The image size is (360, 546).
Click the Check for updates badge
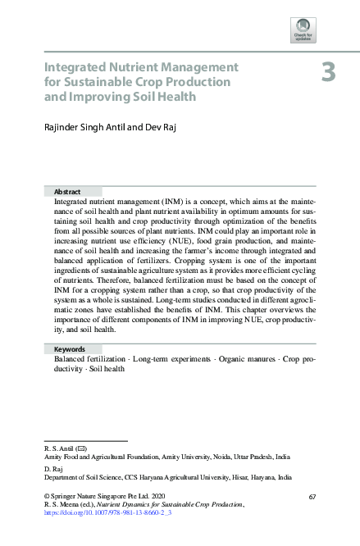tap(303, 30)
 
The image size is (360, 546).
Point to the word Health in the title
tap(177, 96)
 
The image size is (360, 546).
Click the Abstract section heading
tap(66, 190)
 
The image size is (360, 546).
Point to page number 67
tap(312, 498)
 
